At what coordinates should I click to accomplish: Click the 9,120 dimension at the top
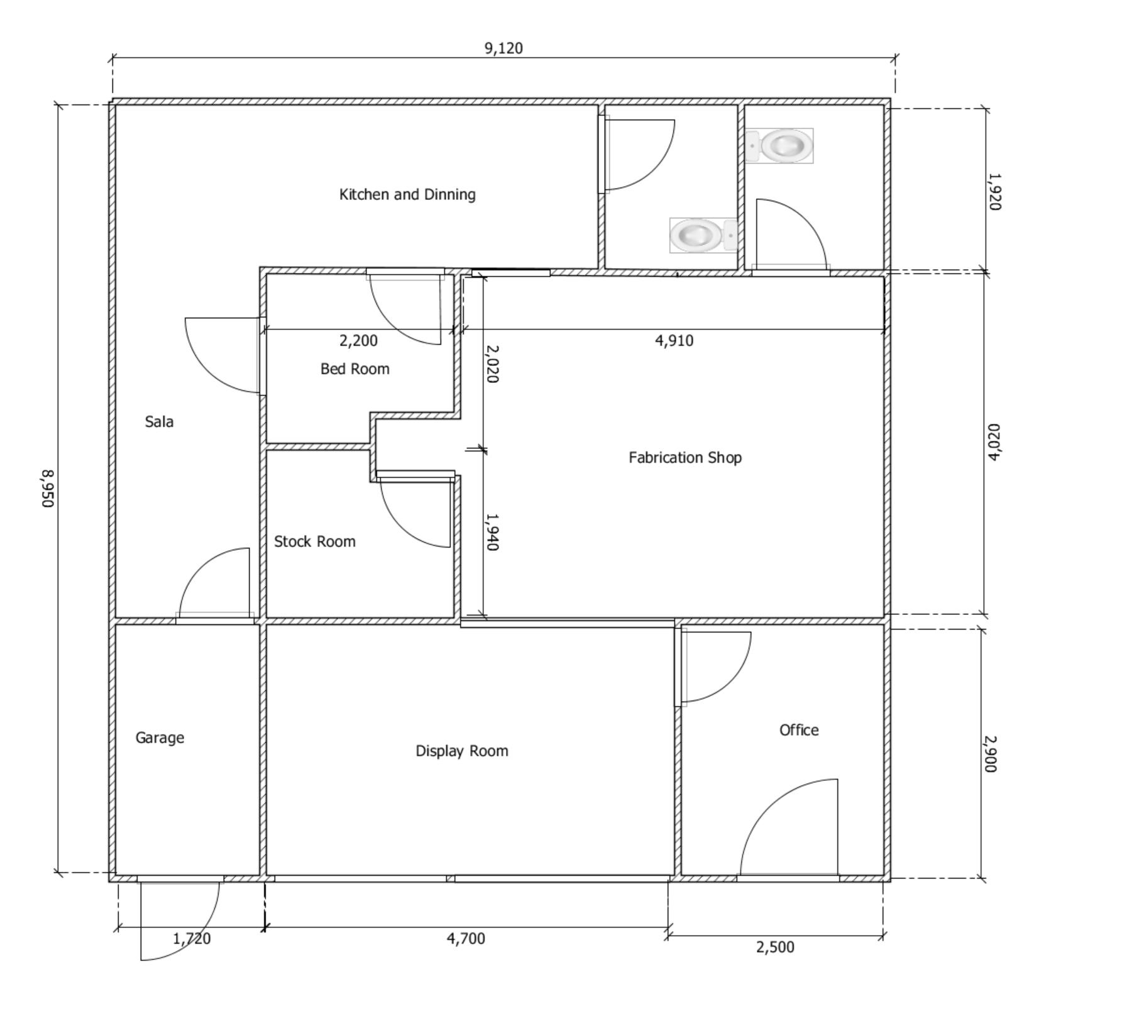tap(503, 48)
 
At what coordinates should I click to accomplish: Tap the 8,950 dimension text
tap(48, 489)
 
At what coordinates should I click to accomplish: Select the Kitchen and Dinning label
tap(407, 194)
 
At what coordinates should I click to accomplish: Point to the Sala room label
tap(159, 421)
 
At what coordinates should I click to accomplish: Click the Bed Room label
tap(355, 368)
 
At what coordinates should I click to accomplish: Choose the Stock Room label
tap(314, 541)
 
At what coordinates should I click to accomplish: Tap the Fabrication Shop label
tap(685, 457)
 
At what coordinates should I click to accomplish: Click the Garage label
tap(160, 738)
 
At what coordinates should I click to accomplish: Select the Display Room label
tap(462, 751)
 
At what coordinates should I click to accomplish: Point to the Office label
tap(799, 730)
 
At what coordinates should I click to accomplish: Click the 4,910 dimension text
tap(674, 341)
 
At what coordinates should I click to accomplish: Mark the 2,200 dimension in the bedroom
tap(358, 341)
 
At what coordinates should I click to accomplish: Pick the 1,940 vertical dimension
tap(493, 532)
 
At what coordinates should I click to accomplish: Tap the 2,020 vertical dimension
tap(493, 363)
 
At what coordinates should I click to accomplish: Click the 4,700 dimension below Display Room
tap(466, 939)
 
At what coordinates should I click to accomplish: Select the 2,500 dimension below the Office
tap(775, 947)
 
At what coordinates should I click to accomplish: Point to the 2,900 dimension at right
tap(991, 754)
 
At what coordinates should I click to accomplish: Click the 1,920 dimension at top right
tap(994, 192)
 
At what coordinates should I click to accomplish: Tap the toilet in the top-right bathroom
tap(780, 146)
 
